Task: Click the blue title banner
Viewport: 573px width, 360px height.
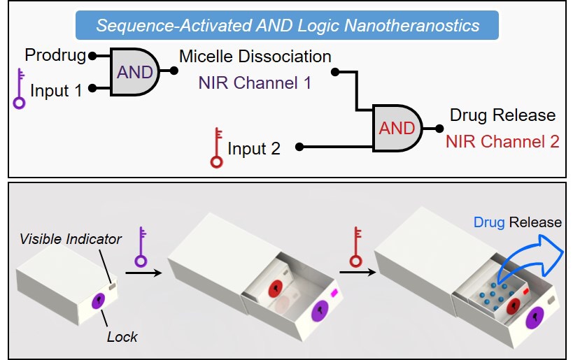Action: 288,27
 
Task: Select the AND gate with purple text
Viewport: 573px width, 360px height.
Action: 135,71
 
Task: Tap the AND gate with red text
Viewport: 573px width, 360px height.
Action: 397,129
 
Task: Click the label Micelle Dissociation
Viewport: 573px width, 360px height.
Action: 255,55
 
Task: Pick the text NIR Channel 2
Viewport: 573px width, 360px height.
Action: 502,142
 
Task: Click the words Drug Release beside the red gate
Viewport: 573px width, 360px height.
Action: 502,115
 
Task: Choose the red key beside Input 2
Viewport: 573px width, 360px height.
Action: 217,148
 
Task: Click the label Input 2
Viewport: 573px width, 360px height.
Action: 254,148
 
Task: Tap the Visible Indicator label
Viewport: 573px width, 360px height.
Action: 71,239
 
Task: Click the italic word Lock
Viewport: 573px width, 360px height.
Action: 122,337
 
